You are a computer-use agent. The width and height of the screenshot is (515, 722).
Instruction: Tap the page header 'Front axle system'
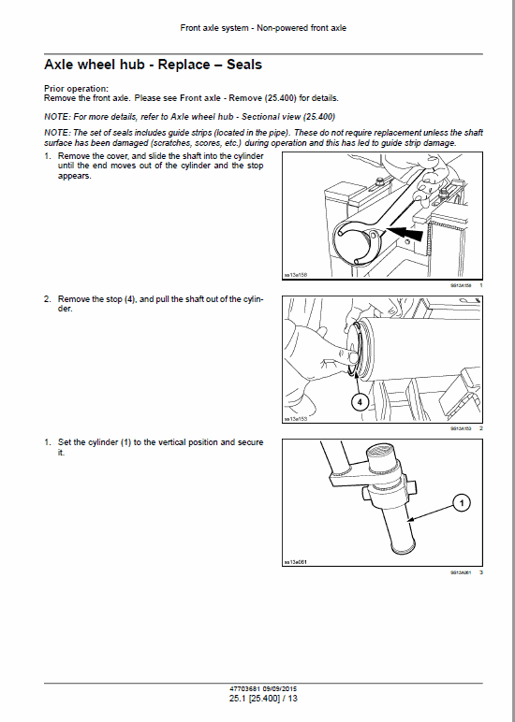214,28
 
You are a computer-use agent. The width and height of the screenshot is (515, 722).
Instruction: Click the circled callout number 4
360,402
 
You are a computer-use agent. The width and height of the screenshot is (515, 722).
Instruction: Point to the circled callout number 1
460,504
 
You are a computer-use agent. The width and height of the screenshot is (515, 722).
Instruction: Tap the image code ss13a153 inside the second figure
295,419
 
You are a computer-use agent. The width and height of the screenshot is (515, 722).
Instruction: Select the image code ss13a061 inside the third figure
295,562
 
